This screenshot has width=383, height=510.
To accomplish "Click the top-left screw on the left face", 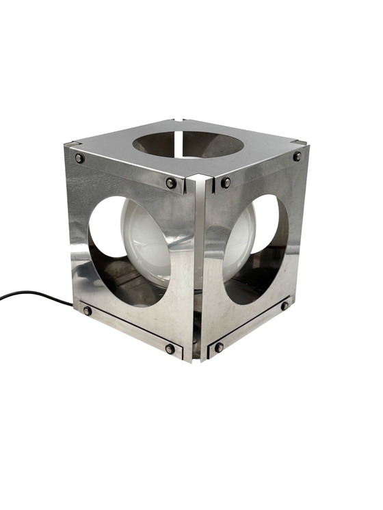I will coord(80,159).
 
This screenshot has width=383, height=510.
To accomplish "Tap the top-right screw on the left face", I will coord(171,183).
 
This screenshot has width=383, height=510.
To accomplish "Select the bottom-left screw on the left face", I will coord(88,310).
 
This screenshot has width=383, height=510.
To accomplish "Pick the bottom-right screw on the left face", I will coord(170,349).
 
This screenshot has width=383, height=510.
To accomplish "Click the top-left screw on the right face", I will coord(226,183).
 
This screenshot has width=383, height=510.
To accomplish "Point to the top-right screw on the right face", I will coord(298,157).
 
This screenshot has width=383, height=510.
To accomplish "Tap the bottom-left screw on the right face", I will coord(219,347).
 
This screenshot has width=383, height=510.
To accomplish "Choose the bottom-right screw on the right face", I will coord(285,306).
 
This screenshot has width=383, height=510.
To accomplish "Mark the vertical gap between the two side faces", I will coord(198,273).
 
